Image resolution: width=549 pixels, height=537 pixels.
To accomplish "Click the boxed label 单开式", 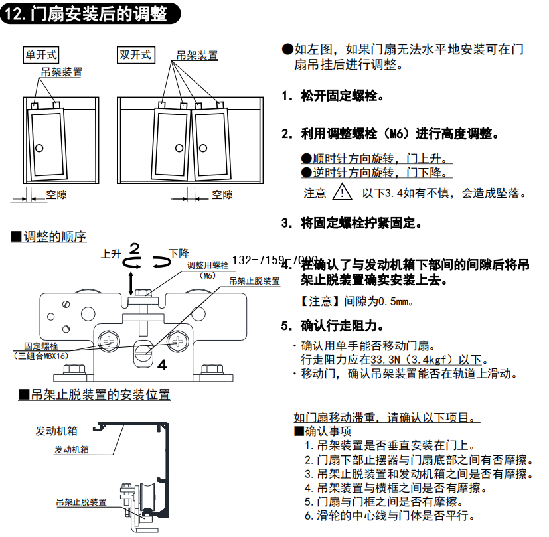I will click(x=41, y=54).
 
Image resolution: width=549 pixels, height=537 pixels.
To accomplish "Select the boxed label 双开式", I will click(x=135, y=54).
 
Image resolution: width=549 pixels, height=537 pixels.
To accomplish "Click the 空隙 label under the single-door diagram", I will click(x=56, y=194).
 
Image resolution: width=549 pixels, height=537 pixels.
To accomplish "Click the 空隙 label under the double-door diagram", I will click(x=222, y=194).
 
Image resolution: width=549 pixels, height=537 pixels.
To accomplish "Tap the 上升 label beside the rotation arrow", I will click(x=111, y=254).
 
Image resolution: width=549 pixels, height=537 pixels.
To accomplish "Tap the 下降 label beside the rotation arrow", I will click(x=179, y=253).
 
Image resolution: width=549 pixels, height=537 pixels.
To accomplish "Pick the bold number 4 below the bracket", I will click(x=161, y=364).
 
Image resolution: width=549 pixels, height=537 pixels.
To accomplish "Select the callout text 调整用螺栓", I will click(x=207, y=265).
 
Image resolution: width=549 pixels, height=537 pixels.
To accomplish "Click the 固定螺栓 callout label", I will click(x=41, y=346).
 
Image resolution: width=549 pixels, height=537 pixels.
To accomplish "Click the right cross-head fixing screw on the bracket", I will click(x=178, y=341).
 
